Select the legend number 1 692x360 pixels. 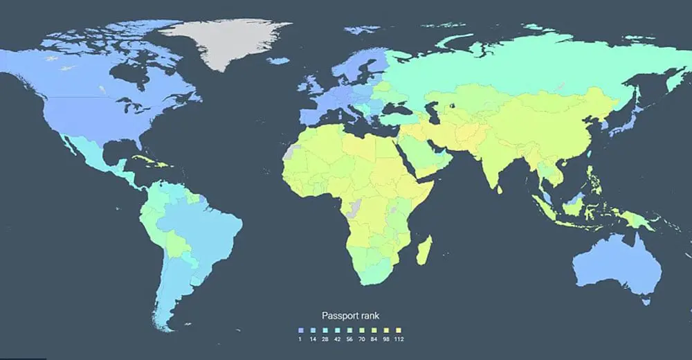coord(300,339)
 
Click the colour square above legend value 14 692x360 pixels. coord(312,330)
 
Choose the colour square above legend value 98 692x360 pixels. coord(386,330)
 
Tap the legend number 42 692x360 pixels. coord(338,339)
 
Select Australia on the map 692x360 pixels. coord(612,267)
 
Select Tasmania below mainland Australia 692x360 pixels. coord(646,300)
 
